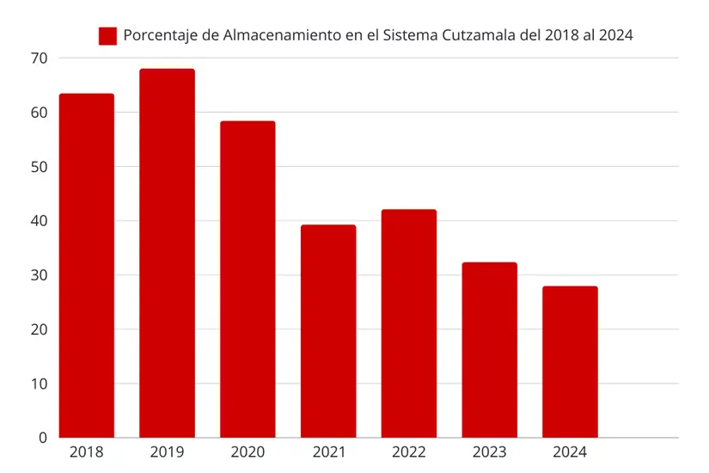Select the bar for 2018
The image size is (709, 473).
(x=87, y=267)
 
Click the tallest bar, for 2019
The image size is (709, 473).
(x=167, y=254)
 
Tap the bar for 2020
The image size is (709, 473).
(x=248, y=279)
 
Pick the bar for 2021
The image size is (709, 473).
(x=328, y=331)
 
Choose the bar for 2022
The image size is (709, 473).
(x=409, y=323)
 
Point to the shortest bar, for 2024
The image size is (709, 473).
(x=570, y=362)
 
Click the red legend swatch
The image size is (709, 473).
(x=107, y=35)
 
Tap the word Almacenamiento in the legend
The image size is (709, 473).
(x=276, y=35)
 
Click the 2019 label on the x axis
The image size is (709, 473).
(x=167, y=452)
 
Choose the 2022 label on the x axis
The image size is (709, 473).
(x=409, y=452)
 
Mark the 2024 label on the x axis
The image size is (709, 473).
(x=570, y=452)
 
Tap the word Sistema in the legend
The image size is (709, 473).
(x=413, y=35)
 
